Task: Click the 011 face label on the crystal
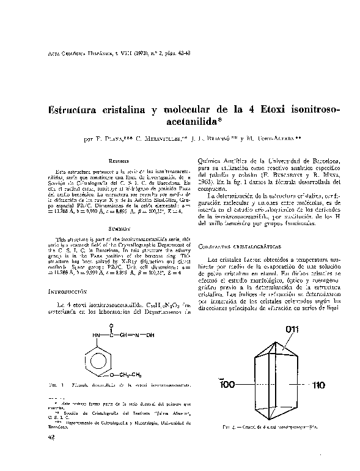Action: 293,330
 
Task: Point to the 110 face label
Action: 321,386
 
